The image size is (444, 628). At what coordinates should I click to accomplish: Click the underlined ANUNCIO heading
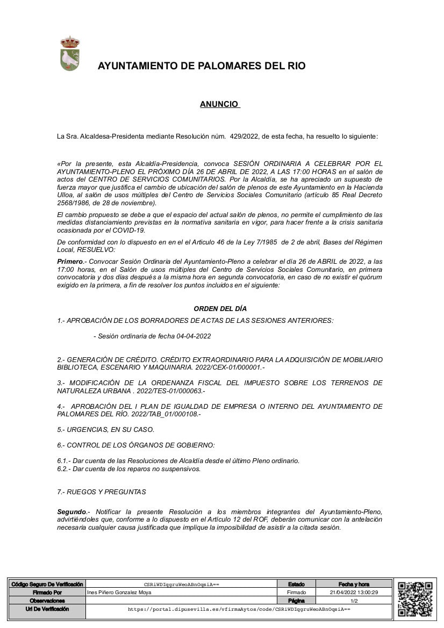click(219, 104)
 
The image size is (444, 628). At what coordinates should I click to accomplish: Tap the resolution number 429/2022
click(243, 136)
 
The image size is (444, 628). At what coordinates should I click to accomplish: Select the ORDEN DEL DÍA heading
click(220, 308)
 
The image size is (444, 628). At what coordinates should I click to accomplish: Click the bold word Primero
click(70, 261)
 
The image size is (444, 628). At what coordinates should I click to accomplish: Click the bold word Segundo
click(71, 512)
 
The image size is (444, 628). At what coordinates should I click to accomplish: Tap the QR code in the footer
click(415, 599)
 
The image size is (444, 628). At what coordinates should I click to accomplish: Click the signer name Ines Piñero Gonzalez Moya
click(119, 592)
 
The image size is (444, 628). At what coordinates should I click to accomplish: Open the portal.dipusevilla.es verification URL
click(239, 610)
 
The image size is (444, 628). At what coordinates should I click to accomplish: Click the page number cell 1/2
click(354, 601)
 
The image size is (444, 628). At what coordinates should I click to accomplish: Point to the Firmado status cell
click(296, 592)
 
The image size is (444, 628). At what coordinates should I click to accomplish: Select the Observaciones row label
click(47, 601)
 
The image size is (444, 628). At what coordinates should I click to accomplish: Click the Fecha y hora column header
click(354, 584)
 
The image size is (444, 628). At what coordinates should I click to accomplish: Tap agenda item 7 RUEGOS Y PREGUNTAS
click(102, 492)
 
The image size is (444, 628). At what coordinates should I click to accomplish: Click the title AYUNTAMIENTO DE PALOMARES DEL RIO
click(202, 66)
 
